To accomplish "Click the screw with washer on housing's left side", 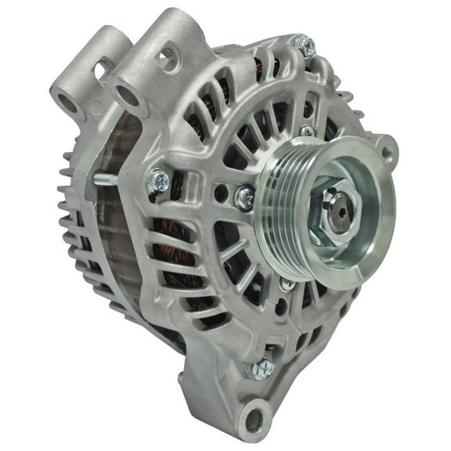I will pyautogui.click(x=159, y=181).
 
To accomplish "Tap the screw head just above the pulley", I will pyautogui.click(x=307, y=131).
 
